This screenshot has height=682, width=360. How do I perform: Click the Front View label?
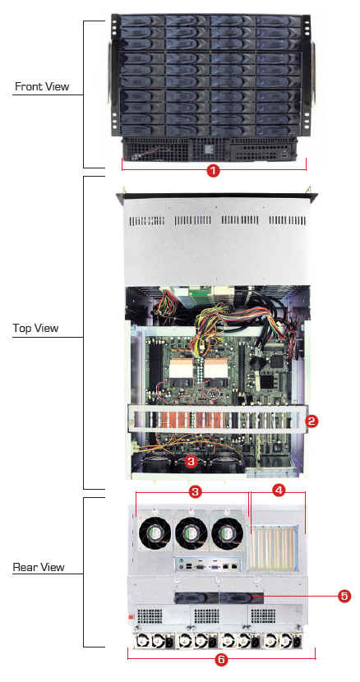[42, 86]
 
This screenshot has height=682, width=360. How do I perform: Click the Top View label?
[35, 328]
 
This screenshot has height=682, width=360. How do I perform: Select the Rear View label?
[39, 567]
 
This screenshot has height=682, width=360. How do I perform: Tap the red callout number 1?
[213, 171]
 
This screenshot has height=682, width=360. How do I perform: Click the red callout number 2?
[312, 421]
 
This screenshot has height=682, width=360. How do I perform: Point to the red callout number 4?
[279, 491]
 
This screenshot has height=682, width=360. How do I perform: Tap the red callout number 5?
[344, 596]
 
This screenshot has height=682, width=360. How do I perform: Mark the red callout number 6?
[221, 659]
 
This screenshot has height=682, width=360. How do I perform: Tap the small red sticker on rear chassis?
[130, 617]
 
